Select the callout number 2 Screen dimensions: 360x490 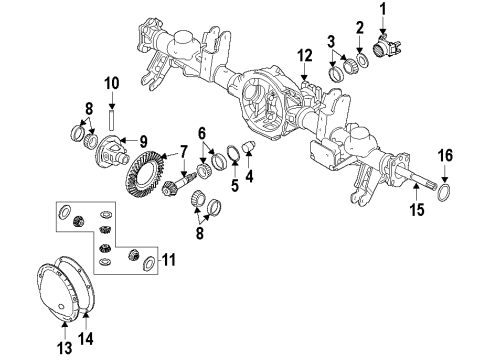(x=359, y=27)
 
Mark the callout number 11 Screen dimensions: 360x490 (x=168, y=260)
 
